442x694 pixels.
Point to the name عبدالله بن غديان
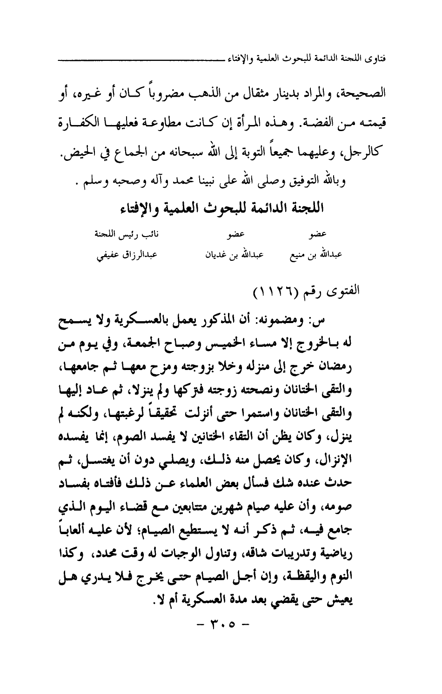click(x=228, y=255)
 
